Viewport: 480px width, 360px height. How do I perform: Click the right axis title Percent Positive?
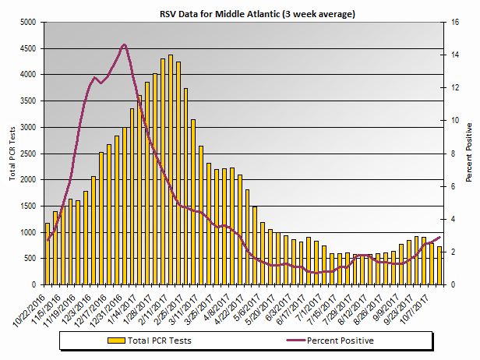tap(468, 151)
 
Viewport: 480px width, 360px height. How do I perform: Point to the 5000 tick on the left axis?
tap(28, 23)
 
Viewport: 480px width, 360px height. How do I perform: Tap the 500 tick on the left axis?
tap(30, 259)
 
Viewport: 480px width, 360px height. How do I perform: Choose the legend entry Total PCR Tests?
tap(160, 341)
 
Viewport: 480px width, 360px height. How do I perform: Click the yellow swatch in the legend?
tap(116, 341)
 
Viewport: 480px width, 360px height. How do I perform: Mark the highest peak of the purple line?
tap(124, 44)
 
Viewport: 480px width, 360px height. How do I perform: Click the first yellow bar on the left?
tap(48, 254)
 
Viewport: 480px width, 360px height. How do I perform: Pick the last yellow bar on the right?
tap(439, 266)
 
